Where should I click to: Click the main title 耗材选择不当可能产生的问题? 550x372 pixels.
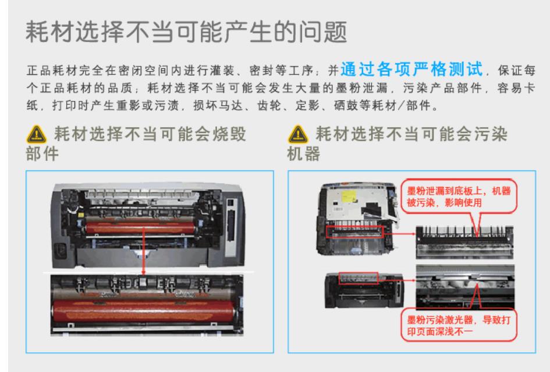(186, 32)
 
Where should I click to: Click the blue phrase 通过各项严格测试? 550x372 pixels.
(411, 69)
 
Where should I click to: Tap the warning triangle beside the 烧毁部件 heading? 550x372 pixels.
(36, 134)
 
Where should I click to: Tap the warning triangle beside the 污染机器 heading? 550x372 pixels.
(298, 134)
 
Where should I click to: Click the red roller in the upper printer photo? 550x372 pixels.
(140, 229)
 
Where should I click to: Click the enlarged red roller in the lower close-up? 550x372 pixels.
(144, 311)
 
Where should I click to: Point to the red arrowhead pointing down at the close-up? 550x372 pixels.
(143, 272)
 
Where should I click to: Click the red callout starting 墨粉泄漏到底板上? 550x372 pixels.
(459, 196)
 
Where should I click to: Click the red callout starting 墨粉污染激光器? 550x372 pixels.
(459, 325)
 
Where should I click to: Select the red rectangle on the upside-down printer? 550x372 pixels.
(354, 232)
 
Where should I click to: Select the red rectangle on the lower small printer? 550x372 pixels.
(358, 278)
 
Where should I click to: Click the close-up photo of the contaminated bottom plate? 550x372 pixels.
(464, 243)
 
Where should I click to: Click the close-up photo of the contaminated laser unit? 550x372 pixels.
(465, 287)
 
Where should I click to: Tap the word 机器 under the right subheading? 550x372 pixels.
(303, 154)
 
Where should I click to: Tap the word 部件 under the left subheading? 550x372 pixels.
(42, 154)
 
